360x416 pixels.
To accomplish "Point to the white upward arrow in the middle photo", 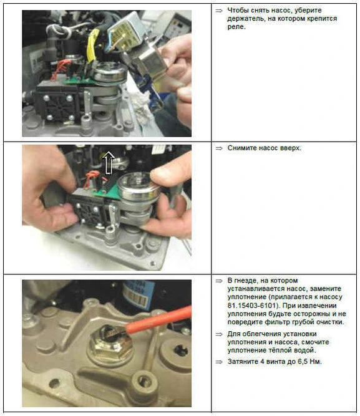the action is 109,163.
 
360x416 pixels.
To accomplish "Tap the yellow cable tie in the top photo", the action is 92,44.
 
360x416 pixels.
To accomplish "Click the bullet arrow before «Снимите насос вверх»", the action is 219,148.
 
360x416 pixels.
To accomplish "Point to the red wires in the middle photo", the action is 92,178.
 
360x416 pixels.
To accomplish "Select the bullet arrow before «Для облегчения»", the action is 219,334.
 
